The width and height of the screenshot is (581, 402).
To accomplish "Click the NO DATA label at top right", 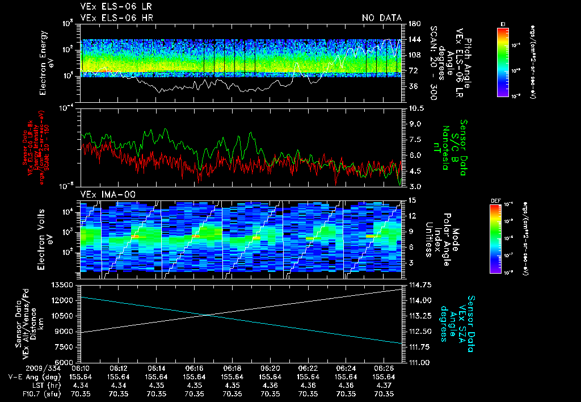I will point(382,18).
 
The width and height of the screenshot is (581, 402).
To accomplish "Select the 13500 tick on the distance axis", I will point(64,284).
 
